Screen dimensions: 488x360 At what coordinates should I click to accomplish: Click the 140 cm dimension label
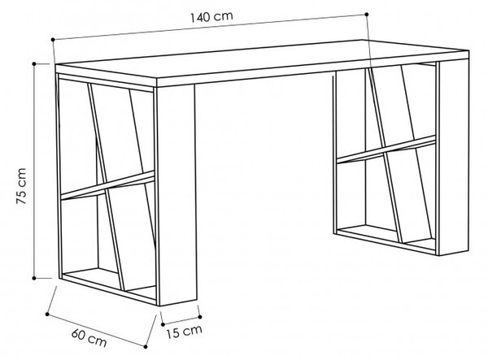[211, 16]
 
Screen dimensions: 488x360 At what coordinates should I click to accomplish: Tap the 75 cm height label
[21, 186]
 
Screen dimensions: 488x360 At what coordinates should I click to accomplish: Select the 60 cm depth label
[89, 337]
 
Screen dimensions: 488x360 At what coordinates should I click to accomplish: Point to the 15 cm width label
[184, 332]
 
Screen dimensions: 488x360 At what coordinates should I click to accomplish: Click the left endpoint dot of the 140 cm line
[53, 40]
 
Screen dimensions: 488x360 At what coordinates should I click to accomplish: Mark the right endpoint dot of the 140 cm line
[367, 14]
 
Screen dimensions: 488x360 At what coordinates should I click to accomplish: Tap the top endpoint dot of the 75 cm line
[34, 63]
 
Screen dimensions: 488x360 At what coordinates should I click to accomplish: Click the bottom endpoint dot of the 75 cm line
[34, 278]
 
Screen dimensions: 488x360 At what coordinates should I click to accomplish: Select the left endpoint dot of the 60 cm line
[47, 314]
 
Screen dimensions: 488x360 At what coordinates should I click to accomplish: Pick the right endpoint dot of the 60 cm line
[146, 346]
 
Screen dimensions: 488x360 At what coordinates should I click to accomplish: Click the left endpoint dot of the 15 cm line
[163, 324]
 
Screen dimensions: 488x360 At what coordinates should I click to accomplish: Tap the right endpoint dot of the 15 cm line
[200, 317]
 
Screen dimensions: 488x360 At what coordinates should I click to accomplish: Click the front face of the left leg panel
[177, 194]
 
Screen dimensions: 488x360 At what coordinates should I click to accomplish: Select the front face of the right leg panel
[454, 157]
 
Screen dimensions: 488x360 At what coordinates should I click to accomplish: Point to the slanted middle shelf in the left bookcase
[107, 185]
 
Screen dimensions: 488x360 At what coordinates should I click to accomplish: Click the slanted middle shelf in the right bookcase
[386, 150]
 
